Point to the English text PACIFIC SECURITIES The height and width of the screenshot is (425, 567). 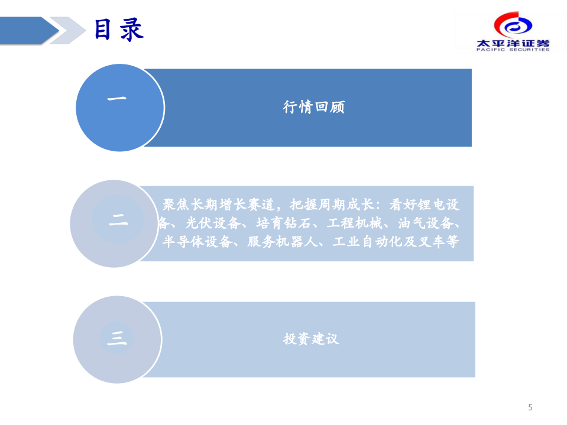(x=512, y=50)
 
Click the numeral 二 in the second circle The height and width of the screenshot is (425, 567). (x=118, y=221)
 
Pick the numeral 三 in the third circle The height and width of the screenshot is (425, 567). (x=116, y=338)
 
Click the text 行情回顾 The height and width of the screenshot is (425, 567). (x=313, y=107)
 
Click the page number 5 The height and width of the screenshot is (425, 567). (x=530, y=407)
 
